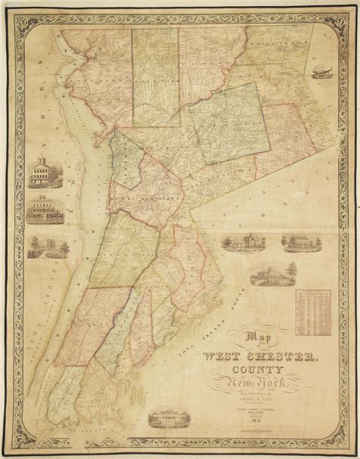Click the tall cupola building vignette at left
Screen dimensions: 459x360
[41, 173]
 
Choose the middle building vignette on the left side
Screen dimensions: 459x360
[41, 211]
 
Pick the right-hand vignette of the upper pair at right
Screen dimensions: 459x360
[297, 242]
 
